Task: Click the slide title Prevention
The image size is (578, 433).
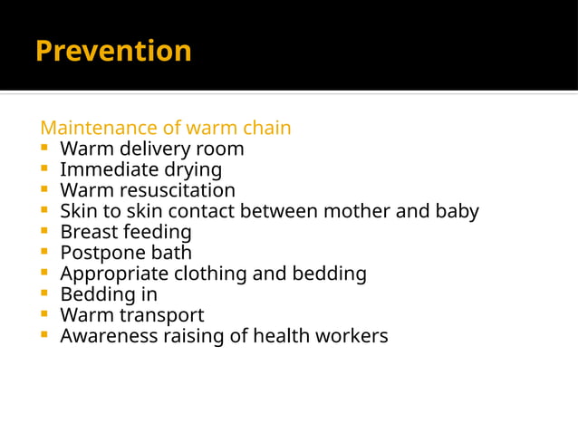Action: (113, 51)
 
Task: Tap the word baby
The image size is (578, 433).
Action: (456, 211)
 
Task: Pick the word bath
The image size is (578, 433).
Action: (171, 253)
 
